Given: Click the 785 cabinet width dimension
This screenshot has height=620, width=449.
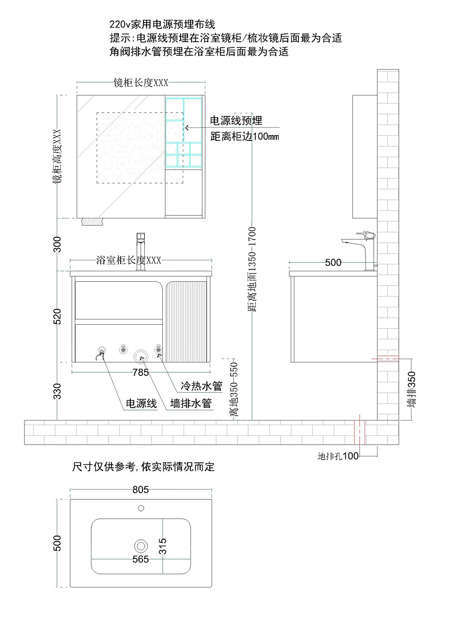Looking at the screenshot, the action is tap(141, 372).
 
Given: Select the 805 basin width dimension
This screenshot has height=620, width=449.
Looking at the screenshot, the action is tap(141, 490).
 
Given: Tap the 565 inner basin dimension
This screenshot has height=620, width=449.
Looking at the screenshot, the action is tap(141, 559).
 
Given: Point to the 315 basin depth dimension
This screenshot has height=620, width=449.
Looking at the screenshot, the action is tap(162, 546).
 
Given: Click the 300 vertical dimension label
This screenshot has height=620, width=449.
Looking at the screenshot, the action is tap(57, 244).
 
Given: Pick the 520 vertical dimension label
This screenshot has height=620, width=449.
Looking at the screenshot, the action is tap(57, 316).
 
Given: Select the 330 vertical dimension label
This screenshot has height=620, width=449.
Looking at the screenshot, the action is tap(57, 391).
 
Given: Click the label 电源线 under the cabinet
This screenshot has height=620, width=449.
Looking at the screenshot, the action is tap(141, 404).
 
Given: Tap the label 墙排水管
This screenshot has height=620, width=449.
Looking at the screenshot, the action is tap(191, 404).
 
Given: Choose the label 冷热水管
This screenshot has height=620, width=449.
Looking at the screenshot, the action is tap(201, 386).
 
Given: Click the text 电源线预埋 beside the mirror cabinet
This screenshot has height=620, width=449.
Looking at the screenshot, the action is tap(236, 120).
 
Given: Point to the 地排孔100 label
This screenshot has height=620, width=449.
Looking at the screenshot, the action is tap(338, 456).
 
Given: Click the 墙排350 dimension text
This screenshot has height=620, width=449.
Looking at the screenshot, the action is tap(411, 389).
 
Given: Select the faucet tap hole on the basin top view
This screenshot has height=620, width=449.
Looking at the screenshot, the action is tap(141, 508).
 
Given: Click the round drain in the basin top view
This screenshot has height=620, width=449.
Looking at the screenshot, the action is tap(141, 546).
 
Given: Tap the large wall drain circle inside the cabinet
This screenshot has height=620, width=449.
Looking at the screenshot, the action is tap(141, 356).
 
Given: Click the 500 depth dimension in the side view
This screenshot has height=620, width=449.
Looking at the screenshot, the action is tap(333, 262).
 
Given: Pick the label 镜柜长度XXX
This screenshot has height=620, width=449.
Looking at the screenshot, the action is tap(141, 82).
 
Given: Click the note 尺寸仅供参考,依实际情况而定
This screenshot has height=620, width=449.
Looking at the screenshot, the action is tap(143, 466).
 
